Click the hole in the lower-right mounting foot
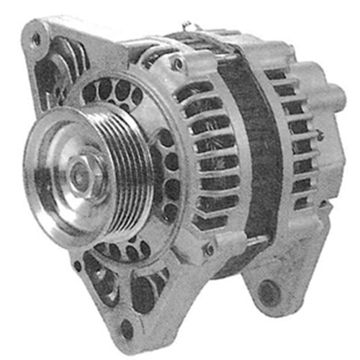[268, 292]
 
